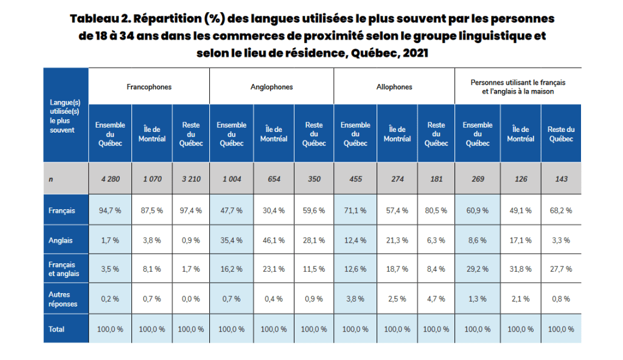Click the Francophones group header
[149, 87]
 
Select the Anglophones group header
[271, 87]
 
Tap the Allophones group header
[394, 87]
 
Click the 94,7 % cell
[110, 210]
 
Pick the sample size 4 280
[110, 179]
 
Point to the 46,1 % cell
[274, 240]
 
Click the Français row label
[62, 210]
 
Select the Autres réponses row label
[63, 299]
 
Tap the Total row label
[57, 329]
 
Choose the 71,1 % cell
[355, 210]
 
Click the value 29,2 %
[478, 269]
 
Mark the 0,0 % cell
[191, 299]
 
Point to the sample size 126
[521, 179]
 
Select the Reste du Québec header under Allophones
[436, 134]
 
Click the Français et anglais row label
[63, 269]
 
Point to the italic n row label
[50, 179]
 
